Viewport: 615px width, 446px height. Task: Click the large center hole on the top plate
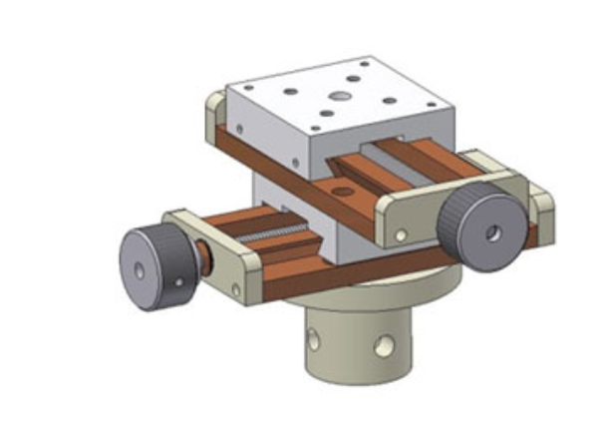[339, 98]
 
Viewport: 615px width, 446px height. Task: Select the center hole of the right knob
[490, 234]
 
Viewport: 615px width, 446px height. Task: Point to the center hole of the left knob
[139, 270]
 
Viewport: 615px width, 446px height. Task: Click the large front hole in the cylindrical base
[382, 346]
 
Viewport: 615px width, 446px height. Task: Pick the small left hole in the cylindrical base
[313, 339]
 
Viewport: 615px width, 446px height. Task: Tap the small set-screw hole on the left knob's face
[179, 282]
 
